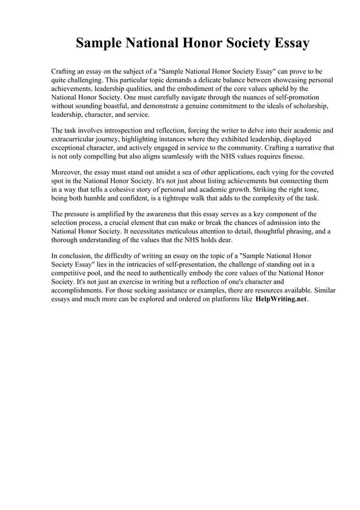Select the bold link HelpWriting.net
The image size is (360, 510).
tap(281, 299)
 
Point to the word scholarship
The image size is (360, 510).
tap(310, 106)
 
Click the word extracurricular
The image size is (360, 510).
tap(76, 139)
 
